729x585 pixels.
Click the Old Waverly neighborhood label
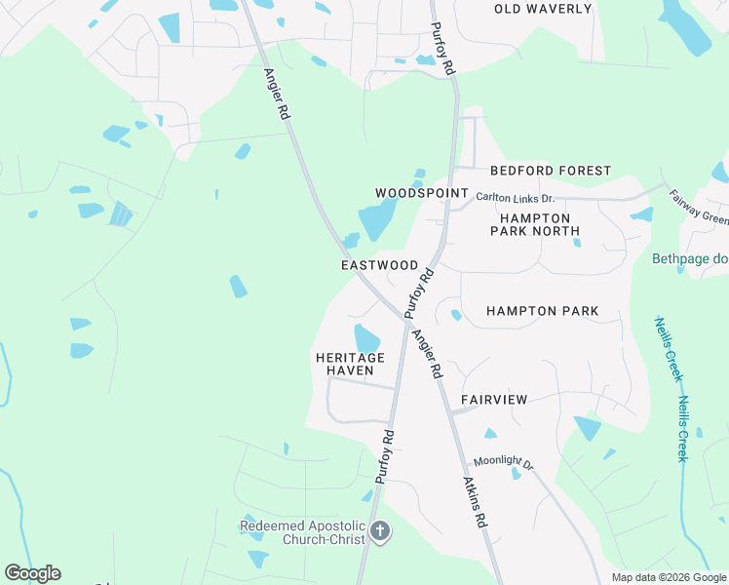click(x=543, y=9)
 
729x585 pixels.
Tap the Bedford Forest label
click(x=551, y=171)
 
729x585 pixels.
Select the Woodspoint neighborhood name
click(x=422, y=193)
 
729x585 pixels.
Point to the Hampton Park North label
click(x=539, y=224)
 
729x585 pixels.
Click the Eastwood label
click(x=380, y=265)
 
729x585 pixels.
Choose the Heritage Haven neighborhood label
click(x=350, y=364)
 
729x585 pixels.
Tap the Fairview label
click(x=494, y=400)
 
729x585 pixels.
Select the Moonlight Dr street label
click(x=504, y=463)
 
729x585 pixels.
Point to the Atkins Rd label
click(x=475, y=501)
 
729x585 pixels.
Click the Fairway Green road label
click(x=699, y=207)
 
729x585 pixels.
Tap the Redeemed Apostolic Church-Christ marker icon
click(x=380, y=532)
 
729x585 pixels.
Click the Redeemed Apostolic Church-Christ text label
click(x=303, y=532)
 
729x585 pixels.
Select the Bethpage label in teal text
click(x=689, y=259)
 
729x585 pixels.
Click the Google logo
click(x=32, y=573)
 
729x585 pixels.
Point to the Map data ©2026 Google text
click(x=669, y=577)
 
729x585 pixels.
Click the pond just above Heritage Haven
click(x=366, y=338)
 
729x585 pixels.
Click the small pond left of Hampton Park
click(x=456, y=315)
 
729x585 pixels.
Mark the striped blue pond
click(x=120, y=214)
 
